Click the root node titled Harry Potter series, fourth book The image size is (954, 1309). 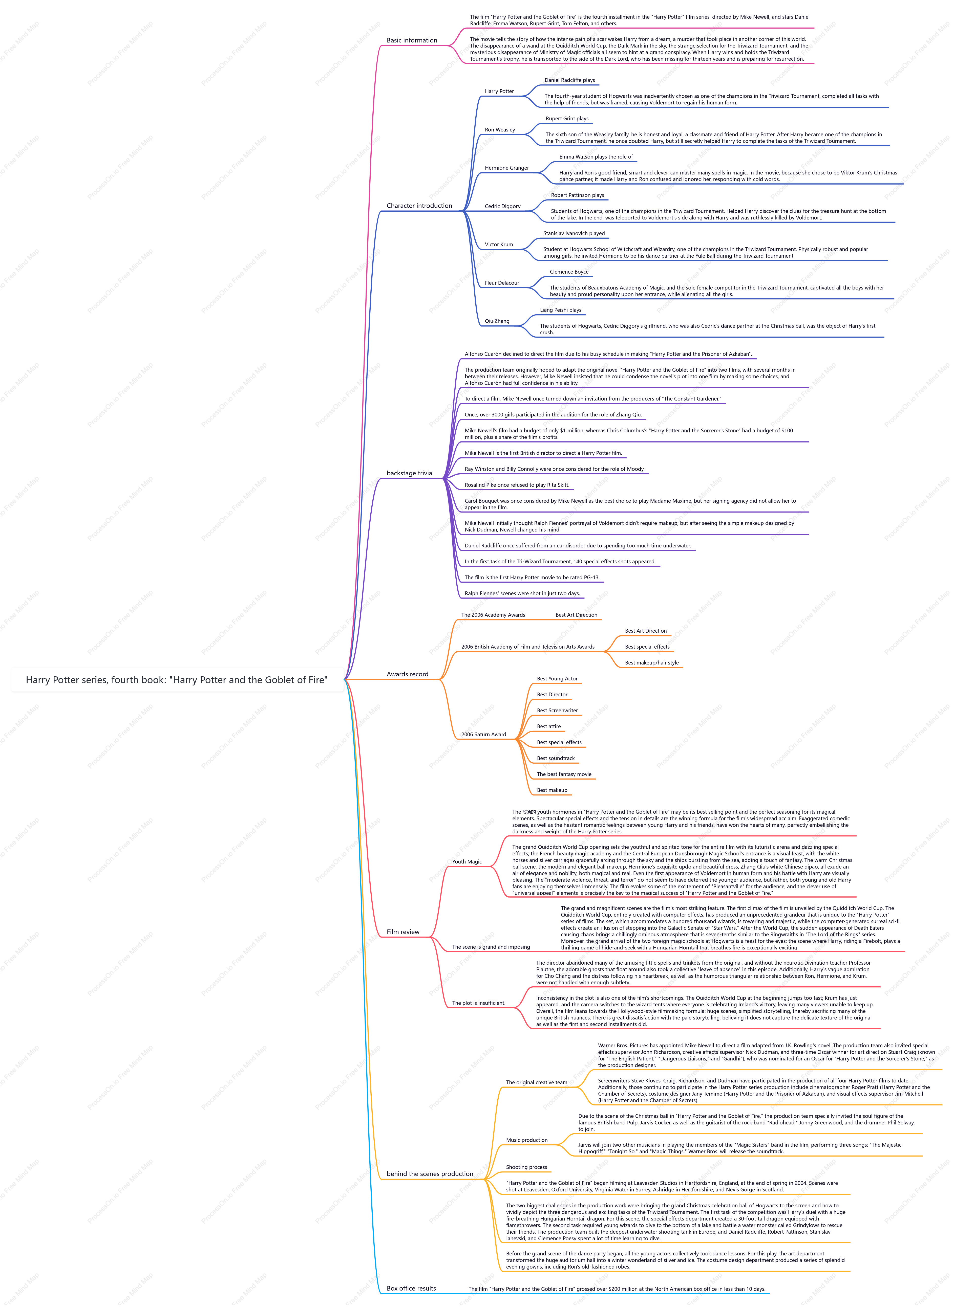click(177, 680)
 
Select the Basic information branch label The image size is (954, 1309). click(412, 40)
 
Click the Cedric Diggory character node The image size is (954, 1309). click(502, 206)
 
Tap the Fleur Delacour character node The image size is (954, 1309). click(502, 283)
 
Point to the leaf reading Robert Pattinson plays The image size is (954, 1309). click(578, 195)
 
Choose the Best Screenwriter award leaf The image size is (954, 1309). click(557, 711)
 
